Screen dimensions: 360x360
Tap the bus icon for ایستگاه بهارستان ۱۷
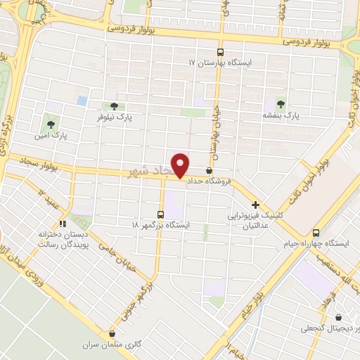click(220, 52)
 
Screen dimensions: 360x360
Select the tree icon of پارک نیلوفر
click(114, 106)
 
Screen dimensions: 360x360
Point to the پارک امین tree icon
click(50, 119)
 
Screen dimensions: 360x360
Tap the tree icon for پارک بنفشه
click(282, 103)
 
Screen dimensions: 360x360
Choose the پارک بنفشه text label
click(281, 114)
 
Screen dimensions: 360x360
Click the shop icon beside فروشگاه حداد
click(209, 170)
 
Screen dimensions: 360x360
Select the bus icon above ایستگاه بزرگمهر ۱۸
click(161, 214)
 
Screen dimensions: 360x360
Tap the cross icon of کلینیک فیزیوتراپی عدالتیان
click(255, 205)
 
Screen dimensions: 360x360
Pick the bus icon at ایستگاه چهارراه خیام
click(316, 233)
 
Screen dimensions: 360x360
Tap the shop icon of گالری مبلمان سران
click(112, 334)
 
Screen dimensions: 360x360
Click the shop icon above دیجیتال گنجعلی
click(340, 317)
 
